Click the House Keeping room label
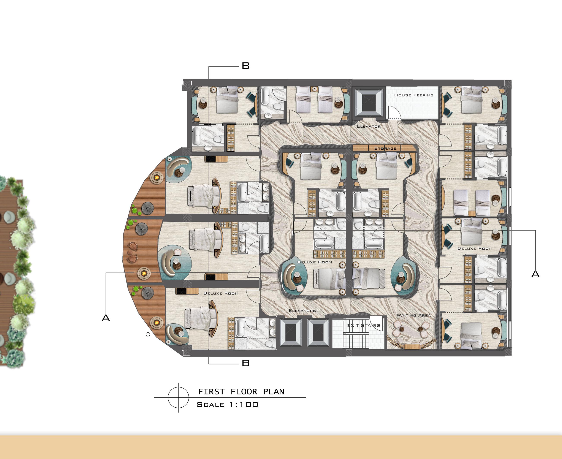(414, 95)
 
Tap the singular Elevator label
(369, 126)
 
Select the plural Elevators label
(302, 311)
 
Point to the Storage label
(385, 148)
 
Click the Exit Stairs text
(364, 326)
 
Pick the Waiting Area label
(414, 315)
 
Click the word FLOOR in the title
(244, 392)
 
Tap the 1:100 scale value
(244, 405)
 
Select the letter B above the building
(245, 66)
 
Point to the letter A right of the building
(535, 274)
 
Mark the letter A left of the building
(106, 318)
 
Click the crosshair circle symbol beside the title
(178, 397)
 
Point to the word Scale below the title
(211, 405)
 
